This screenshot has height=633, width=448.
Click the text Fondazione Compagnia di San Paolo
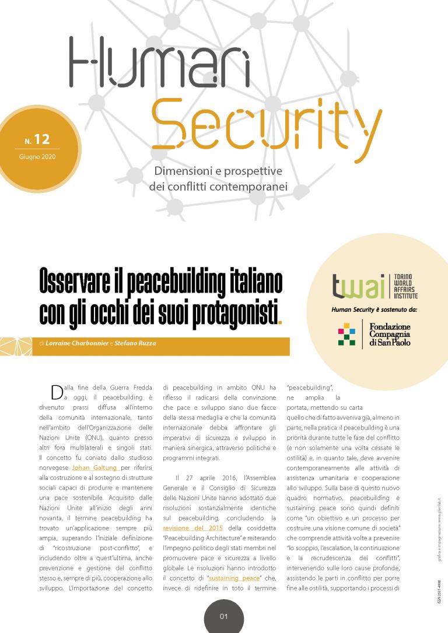[390, 334]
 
